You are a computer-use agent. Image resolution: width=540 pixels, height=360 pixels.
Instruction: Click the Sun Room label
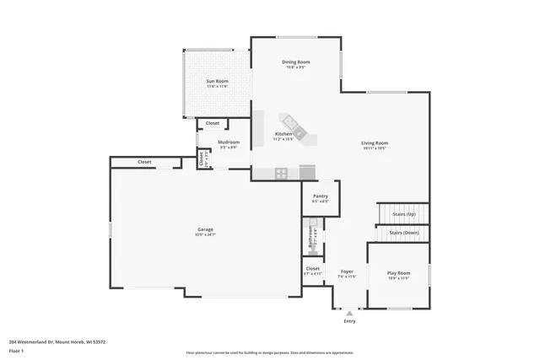point(218,81)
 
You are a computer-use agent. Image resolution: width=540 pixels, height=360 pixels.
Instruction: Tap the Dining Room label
point(296,62)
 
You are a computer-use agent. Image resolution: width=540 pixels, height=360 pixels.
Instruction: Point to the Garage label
point(205,229)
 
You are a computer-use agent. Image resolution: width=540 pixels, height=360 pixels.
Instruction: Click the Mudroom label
point(229,142)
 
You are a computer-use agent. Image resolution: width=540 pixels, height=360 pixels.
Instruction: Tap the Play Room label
point(398,273)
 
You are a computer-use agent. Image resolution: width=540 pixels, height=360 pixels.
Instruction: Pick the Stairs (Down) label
point(403,233)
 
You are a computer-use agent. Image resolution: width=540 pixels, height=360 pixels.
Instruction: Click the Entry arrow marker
point(349,312)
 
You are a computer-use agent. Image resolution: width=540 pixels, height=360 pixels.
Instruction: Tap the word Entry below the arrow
point(349,321)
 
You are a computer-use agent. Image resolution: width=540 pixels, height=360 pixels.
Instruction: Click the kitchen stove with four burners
point(281,173)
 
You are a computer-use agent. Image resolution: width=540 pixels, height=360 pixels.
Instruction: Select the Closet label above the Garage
point(144,161)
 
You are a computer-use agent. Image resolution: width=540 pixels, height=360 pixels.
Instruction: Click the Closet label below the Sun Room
point(213,123)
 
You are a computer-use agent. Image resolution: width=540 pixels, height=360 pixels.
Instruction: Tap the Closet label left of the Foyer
point(312,269)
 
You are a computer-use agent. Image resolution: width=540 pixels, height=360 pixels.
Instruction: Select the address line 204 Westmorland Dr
point(57,341)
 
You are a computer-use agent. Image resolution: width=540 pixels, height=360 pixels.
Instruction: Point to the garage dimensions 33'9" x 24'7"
point(205,234)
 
